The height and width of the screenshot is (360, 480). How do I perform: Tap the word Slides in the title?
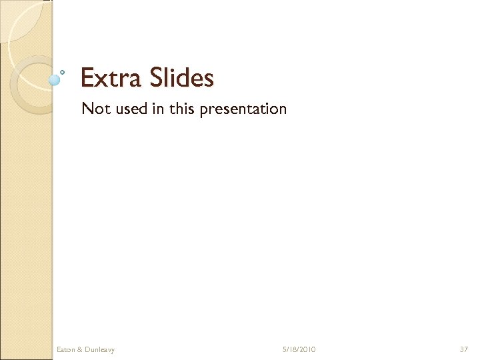click(181, 78)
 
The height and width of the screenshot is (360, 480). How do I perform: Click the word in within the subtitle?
click(158, 108)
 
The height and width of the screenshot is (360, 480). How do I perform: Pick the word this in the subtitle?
click(181, 108)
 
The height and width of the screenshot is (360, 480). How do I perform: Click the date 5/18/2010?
click(299, 349)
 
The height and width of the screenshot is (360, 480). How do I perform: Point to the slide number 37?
click(464, 349)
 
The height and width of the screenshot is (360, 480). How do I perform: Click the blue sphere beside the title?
click(55, 79)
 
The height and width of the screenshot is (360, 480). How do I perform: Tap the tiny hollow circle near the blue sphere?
click(62, 71)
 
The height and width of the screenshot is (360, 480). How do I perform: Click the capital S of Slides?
click(156, 78)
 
